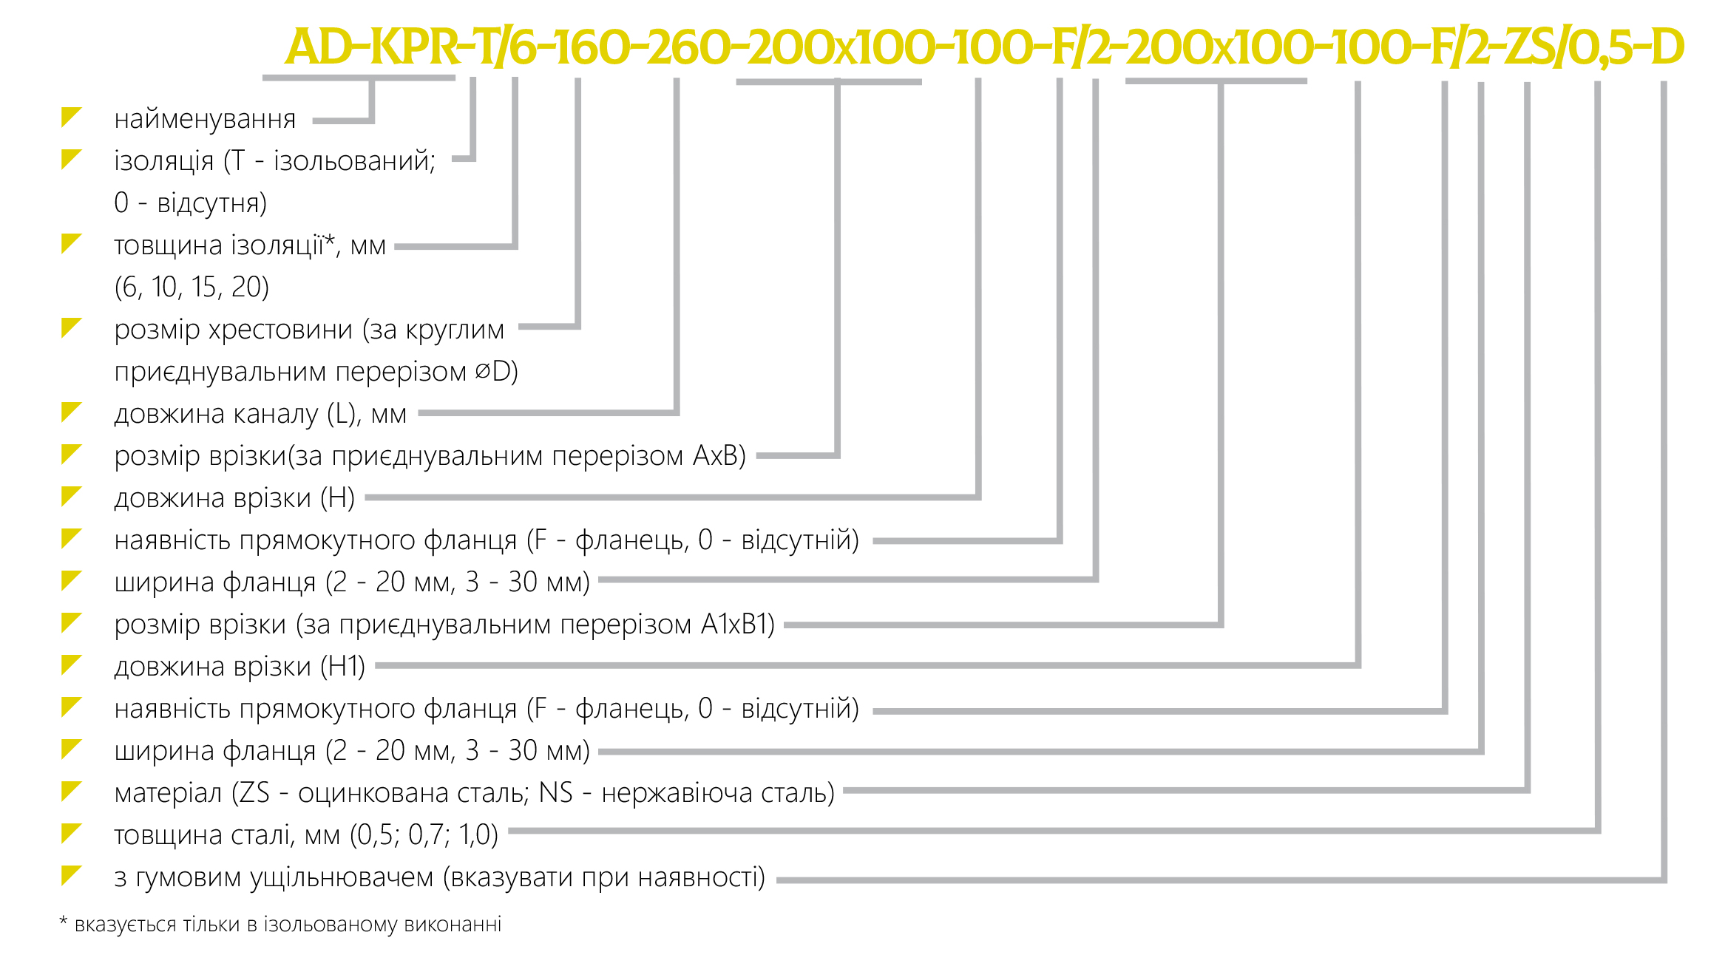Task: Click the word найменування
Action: pos(205,119)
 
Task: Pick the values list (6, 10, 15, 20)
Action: pos(192,287)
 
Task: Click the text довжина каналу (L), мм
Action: pos(260,414)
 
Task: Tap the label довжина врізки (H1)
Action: pos(240,667)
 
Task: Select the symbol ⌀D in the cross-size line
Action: pos(492,371)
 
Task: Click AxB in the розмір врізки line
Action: pos(715,455)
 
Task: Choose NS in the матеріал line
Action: pos(555,792)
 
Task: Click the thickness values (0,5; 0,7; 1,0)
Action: pos(424,835)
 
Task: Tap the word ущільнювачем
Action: pos(342,878)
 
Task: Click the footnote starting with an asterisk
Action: pos(280,925)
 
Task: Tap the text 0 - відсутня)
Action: pos(190,203)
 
